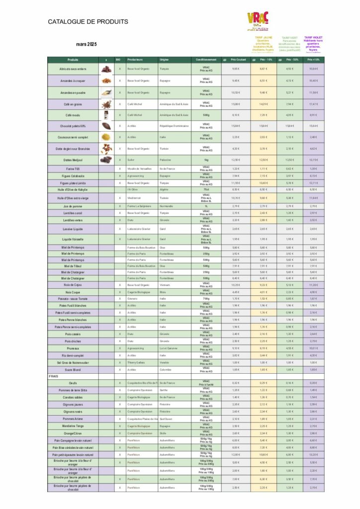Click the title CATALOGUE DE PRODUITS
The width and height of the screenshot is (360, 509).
point(88,22)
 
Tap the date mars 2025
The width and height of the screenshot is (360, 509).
point(87,45)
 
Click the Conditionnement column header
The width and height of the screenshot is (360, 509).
point(206,60)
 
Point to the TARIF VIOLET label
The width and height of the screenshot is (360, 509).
point(313,37)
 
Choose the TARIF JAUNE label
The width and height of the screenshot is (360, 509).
point(264,37)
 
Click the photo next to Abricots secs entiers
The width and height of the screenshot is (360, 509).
point(106,69)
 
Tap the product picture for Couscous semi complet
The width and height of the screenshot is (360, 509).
point(106,137)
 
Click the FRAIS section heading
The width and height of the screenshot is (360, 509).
point(54,376)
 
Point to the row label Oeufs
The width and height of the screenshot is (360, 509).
point(73,383)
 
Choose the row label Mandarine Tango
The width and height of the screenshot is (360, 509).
point(73,426)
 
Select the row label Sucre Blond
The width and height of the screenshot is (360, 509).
point(73,370)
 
